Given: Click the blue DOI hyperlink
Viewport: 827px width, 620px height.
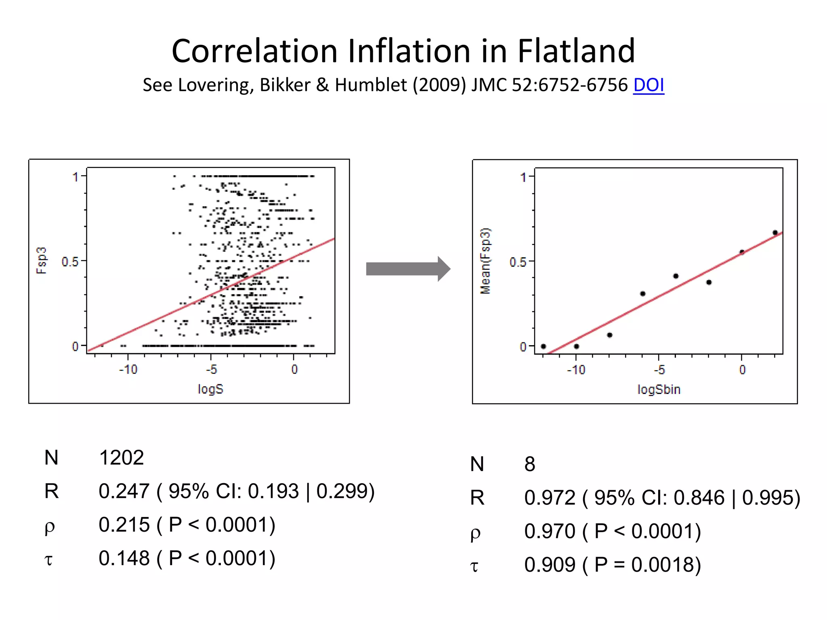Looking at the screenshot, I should [648, 85].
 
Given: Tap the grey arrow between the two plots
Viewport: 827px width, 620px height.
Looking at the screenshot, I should [408, 269].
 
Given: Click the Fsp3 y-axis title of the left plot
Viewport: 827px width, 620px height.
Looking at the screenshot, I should [42, 261].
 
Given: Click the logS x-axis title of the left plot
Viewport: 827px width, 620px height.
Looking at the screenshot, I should [210, 389].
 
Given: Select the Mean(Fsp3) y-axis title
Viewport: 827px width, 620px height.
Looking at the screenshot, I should [485, 261].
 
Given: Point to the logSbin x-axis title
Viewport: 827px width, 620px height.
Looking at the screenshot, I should [659, 390].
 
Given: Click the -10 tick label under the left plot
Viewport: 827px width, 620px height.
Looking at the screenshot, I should [128, 369].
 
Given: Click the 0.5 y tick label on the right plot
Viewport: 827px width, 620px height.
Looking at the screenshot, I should [518, 262].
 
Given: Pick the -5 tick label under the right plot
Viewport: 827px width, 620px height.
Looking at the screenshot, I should [659, 370].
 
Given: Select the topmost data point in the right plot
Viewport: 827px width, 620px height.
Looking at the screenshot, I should [775, 232].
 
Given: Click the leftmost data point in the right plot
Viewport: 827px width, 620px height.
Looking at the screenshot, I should [544, 346].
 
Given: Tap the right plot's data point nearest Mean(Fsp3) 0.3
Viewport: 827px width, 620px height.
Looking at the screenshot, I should [643, 294].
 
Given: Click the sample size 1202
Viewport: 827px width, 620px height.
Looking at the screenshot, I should [121, 458].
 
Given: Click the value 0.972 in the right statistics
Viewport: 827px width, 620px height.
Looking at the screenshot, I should [550, 498].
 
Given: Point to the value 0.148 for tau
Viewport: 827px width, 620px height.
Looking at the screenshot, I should [124, 558].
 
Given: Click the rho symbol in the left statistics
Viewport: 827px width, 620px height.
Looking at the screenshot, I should [49, 526].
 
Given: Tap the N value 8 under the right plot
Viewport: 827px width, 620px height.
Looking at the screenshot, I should [529, 464].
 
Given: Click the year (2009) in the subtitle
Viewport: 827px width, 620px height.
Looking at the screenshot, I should [439, 85].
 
